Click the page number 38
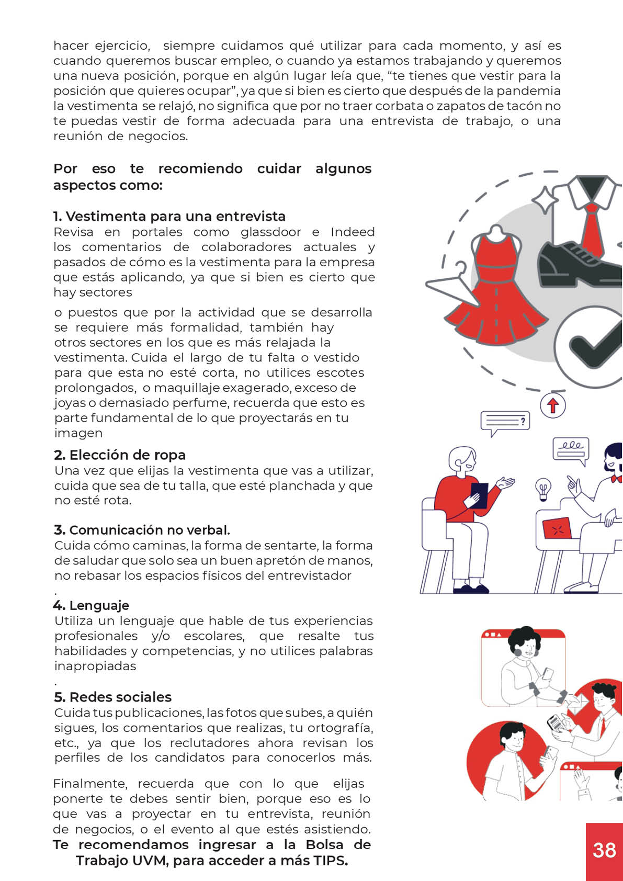point(604,850)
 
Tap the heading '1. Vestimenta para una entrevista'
point(169,216)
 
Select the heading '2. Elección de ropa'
point(120,455)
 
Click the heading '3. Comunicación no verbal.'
point(142,530)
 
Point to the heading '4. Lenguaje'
point(91,606)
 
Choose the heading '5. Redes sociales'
point(113,697)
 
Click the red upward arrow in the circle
point(552,405)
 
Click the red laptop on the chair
point(557,529)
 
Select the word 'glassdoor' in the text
point(270,232)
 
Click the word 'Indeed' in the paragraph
point(353,232)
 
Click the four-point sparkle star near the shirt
point(545,200)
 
